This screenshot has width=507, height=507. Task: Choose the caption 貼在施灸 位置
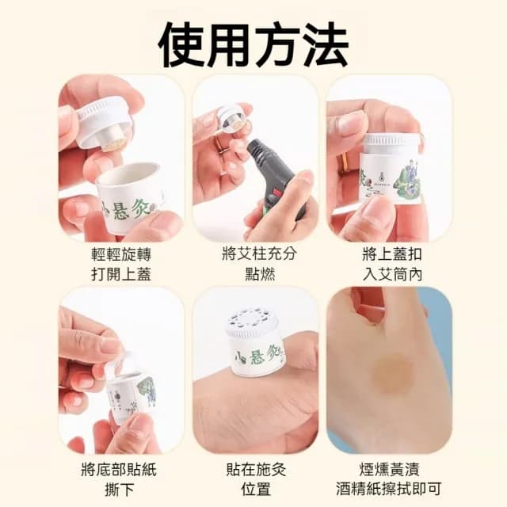coord(253,478)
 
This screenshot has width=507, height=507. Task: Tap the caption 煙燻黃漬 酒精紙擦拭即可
coord(388,478)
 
